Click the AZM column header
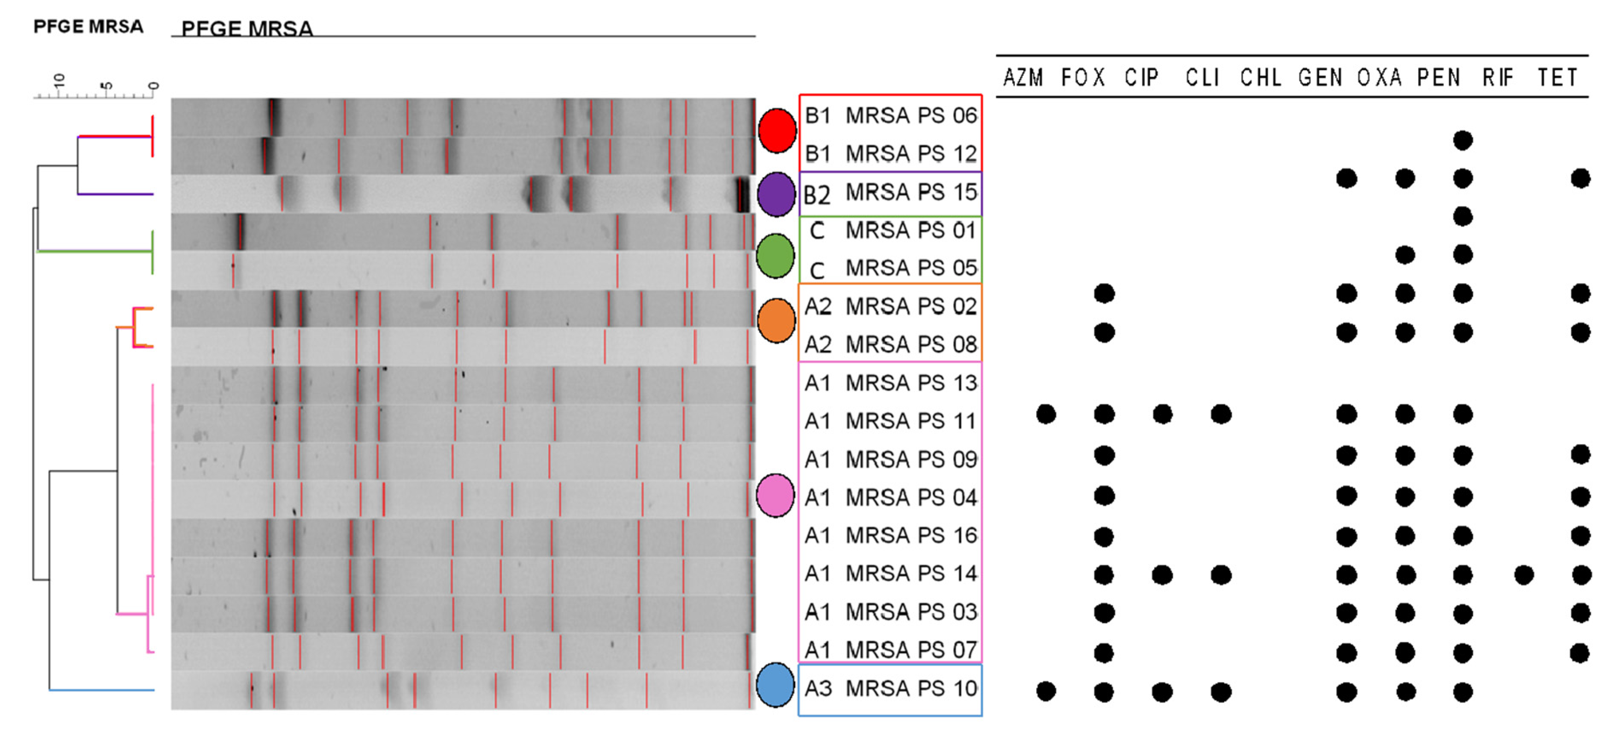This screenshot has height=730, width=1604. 1022,78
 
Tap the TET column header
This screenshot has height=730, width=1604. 1557,78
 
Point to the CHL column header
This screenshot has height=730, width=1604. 1260,78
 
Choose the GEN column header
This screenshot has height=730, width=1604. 1319,78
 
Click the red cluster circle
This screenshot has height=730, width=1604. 776,131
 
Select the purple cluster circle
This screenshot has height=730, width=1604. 776,194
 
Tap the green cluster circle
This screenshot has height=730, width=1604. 775,256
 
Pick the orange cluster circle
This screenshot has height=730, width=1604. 776,320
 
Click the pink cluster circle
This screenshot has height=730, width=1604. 775,495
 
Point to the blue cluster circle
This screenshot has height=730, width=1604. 775,685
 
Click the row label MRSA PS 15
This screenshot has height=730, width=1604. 911,192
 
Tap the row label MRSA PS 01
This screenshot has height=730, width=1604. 911,230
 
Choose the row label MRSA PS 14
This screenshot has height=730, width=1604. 911,573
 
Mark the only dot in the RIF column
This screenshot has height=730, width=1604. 1524,575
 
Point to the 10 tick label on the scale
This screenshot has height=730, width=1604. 59,80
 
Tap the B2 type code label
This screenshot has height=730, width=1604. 817,195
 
